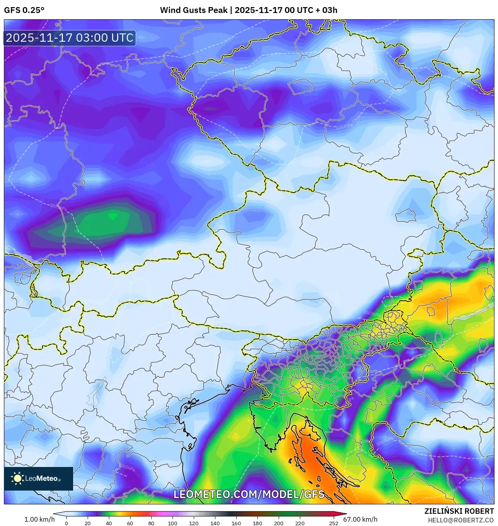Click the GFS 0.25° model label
click(24, 10)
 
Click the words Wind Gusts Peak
click(193, 10)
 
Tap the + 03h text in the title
click(326, 10)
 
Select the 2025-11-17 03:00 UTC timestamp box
click(70, 38)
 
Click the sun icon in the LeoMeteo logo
click(17, 478)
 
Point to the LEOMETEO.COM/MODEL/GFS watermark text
click(249, 494)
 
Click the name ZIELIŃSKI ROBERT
click(459, 511)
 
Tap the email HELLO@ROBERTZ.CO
click(460, 520)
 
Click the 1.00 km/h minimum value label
click(39, 519)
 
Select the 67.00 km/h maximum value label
click(360, 519)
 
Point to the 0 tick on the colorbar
click(66, 523)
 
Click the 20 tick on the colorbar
click(88, 523)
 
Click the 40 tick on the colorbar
click(109, 523)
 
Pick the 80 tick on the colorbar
click(151, 523)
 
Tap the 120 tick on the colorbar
click(194, 523)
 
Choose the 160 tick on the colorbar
click(236, 523)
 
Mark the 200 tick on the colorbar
click(279, 523)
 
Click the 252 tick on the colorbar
click(334, 523)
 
